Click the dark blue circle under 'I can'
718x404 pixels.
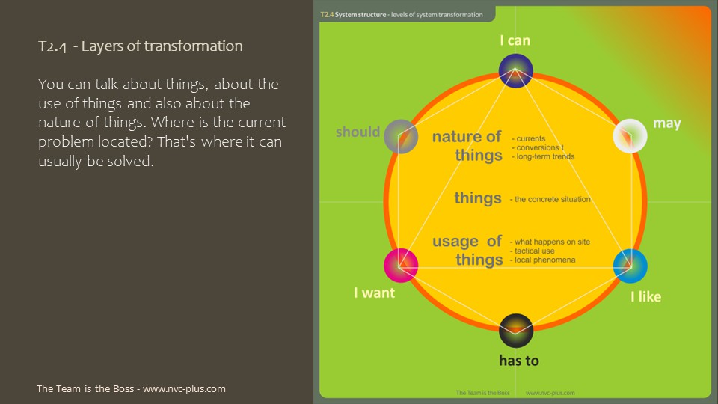click(x=515, y=70)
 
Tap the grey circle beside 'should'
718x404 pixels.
click(x=401, y=136)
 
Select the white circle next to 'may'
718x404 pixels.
click(x=630, y=136)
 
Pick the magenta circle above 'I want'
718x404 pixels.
click(x=401, y=266)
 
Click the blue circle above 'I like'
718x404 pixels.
click(x=630, y=266)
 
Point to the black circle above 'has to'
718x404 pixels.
click(x=515, y=331)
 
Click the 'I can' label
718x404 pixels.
click(x=515, y=40)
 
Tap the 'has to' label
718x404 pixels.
click(x=519, y=361)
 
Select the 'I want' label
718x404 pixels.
click(x=374, y=293)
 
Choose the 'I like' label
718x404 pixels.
click(x=645, y=296)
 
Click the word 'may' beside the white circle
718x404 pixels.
click(x=666, y=123)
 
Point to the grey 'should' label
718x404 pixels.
click(x=358, y=132)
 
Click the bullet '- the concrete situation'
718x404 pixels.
click(x=550, y=199)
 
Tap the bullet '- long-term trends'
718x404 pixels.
click(x=543, y=156)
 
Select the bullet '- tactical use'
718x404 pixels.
click(x=532, y=251)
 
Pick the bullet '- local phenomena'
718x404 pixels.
click(x=543, y=260)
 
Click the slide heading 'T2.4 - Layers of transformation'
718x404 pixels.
click(x=141, y=46)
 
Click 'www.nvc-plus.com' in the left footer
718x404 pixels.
click(x=184, y=388)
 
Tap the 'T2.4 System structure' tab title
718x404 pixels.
click(x=353, y=15)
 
